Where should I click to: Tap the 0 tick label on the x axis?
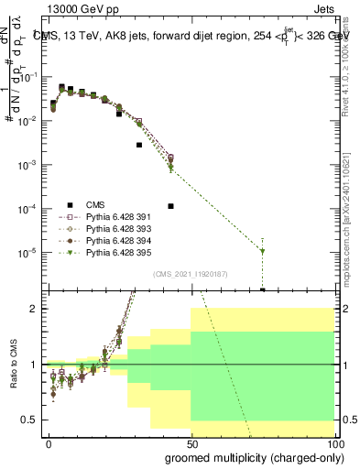pos(49,443)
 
